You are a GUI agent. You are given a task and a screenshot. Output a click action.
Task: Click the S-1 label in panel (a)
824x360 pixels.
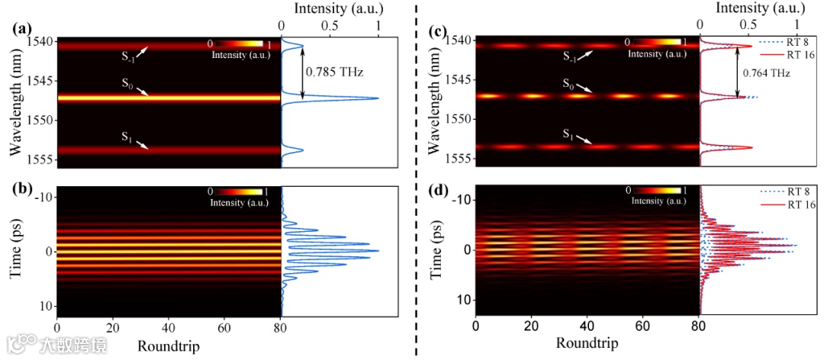point(128,55)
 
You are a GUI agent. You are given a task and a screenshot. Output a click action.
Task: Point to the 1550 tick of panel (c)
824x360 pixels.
point(461,119)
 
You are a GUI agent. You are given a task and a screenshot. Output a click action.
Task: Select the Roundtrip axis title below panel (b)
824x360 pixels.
point(169,347)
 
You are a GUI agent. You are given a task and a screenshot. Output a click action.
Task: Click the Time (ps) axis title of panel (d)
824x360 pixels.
point(439,248)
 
